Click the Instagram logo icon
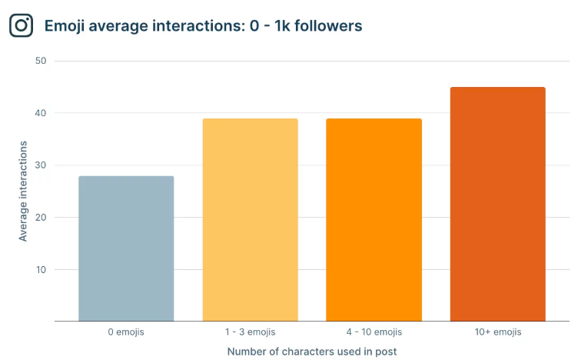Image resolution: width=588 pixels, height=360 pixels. point(22,25)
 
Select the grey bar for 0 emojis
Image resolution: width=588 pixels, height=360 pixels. point(126,248)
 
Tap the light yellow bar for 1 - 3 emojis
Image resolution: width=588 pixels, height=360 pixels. point(250,220)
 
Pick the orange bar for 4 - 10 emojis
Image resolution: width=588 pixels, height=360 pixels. point(374,220)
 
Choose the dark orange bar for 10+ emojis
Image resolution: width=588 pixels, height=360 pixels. point(497,204)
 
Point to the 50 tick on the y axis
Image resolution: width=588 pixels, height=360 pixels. point(42,61)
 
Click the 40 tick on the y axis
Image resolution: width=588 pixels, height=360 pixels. point(42,113)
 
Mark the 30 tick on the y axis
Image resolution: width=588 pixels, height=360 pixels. point(42,165)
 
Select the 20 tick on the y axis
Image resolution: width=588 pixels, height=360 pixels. point(42,218)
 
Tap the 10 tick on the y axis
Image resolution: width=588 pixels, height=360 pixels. point(42,270)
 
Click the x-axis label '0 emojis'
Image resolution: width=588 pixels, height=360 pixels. point(126,332)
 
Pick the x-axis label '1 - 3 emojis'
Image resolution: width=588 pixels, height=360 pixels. point(250,332)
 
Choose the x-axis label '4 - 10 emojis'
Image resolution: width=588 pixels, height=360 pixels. point(374,332)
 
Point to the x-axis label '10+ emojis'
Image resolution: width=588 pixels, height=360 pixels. point(497,332)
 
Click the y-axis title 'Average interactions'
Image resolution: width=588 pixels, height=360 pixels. point(23,191)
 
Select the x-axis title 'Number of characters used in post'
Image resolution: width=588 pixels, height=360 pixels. point(311,352)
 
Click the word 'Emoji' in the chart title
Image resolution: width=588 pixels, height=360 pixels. point(65,26)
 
